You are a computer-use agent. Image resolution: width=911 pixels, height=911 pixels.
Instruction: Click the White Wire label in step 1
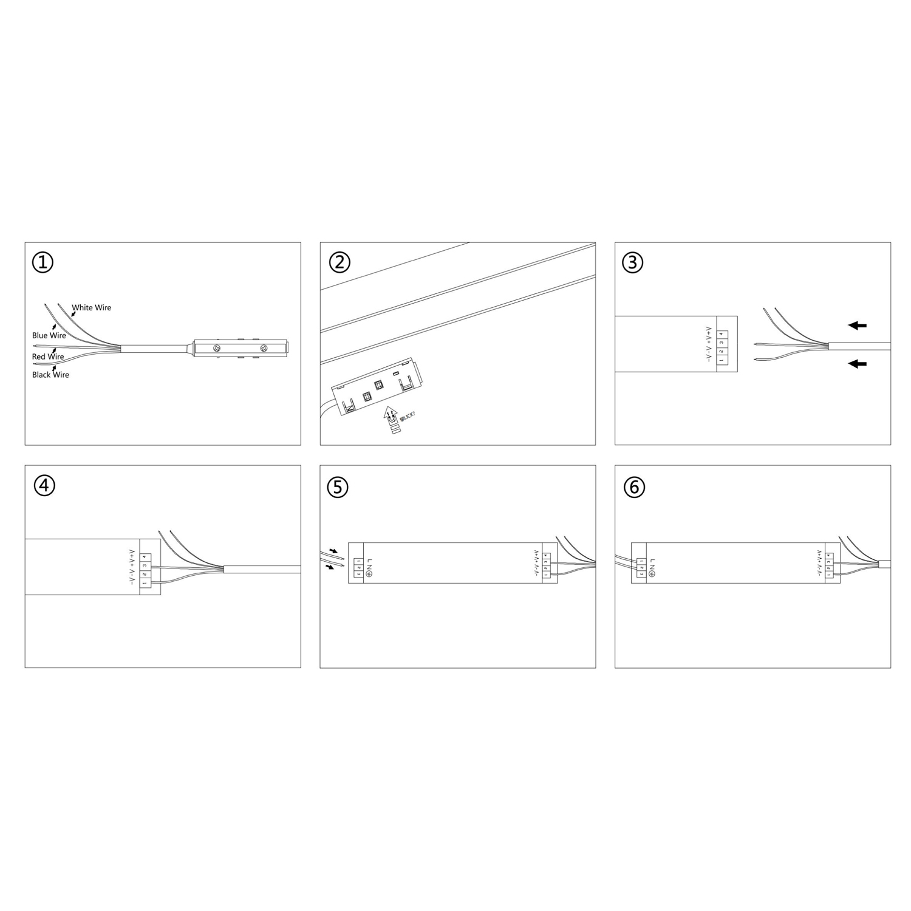92,308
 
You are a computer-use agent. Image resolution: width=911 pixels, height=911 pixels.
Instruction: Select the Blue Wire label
49,335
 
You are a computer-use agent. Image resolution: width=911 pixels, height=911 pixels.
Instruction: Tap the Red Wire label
48,357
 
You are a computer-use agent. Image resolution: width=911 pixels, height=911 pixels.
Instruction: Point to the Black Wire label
50,375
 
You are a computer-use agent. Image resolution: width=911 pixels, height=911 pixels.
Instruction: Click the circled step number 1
43,262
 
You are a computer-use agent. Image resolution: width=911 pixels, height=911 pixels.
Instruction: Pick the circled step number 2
339,262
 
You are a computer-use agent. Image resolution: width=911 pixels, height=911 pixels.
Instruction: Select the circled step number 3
633,262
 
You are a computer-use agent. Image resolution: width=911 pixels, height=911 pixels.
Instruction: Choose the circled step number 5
338,487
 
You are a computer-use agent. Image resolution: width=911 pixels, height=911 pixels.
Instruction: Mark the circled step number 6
634,487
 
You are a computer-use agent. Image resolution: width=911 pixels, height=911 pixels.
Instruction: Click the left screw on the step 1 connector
217,349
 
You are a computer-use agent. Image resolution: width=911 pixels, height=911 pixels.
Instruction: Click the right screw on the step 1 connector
264,349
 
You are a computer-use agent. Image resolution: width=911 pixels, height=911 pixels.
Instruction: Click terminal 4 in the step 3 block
721,333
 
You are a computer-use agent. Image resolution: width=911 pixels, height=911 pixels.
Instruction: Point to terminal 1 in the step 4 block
145,584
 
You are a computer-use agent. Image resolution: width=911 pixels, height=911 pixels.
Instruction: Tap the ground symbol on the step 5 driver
369,574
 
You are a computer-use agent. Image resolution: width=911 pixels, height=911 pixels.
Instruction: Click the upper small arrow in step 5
333,552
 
